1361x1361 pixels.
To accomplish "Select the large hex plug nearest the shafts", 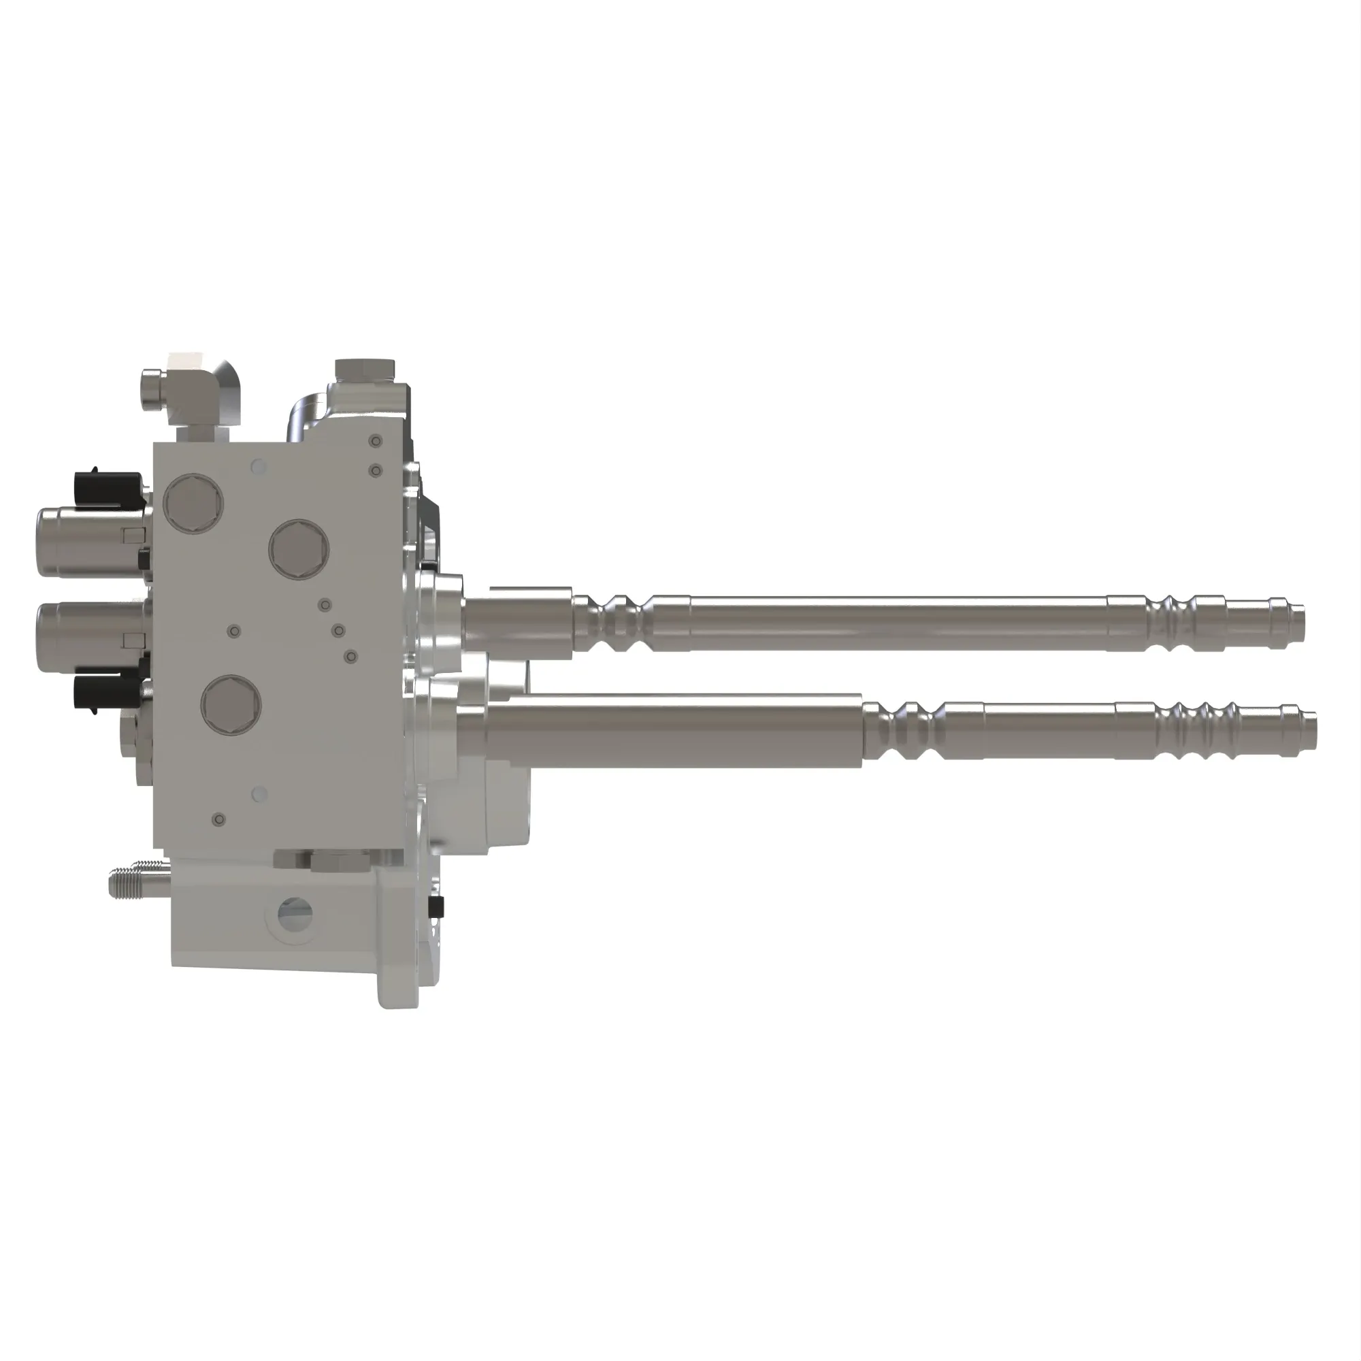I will [x=299, y=549].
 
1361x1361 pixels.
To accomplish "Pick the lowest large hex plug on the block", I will [x=231, y=704].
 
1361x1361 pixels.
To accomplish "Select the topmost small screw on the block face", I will [x=376, y=442].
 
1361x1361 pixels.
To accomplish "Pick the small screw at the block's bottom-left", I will [x=219, y=820].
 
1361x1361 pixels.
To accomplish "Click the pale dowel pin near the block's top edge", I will [x=259, y=465].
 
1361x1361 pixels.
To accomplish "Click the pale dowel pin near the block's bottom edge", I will [x=259, y=794].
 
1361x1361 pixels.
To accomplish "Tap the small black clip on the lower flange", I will [x=437, y=908].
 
